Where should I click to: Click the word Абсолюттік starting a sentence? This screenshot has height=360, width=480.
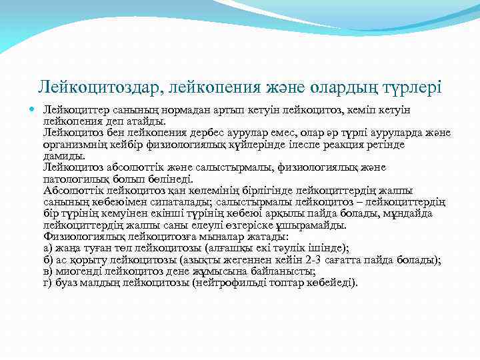[x=72, y=190]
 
